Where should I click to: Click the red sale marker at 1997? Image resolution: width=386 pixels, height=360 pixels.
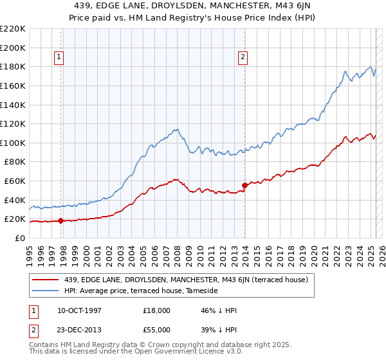pyautogui.click(x=60, y=221)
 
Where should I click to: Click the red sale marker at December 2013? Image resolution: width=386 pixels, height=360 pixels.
pyautogui.click(x=244, y=186)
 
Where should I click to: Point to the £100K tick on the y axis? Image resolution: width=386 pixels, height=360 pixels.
pyautogui.click(x=12, y=143)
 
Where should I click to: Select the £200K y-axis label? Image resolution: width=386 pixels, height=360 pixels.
pyautogui.click(x=12, y=48)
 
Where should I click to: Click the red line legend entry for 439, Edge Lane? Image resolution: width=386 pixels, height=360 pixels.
pyautogui.click(x=187, y=280)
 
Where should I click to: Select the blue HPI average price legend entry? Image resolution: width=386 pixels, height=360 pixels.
pyautogui.click(x=141, y=291)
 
